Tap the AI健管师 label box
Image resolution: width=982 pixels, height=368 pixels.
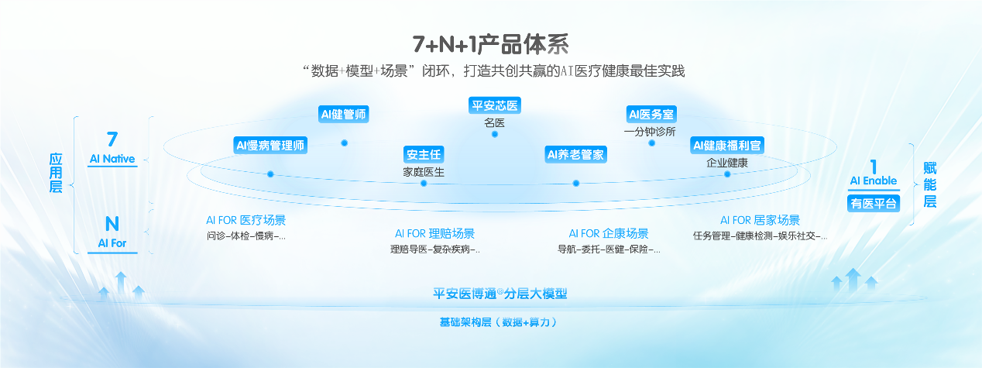[344, 115]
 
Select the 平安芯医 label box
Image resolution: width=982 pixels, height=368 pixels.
[495, 105]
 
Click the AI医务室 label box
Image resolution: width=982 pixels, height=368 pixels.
[651, 115]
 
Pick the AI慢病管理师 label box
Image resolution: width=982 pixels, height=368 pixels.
[271, 145]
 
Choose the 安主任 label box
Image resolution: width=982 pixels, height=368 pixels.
[424, 154]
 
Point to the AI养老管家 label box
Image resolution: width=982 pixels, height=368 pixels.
[576, 154]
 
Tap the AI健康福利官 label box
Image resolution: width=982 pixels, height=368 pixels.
[727, 145]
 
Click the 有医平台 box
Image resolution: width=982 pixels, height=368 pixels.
[874, 204]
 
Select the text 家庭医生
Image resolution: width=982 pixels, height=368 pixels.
[424, 172]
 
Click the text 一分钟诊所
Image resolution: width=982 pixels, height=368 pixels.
[651, 132]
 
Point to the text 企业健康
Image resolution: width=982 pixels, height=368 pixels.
[727, 163]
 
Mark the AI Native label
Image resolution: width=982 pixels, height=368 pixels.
[112, 159]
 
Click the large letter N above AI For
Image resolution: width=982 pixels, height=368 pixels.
[112, 224]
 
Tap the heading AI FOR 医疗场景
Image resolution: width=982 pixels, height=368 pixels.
[245, 220]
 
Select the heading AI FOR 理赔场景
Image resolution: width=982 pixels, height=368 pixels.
[434, 233]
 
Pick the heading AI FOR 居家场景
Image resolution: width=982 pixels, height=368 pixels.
[760, 220]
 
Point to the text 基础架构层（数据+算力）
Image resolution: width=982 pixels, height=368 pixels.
[499, 322]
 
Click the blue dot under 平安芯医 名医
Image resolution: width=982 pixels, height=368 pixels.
[495, 134]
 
